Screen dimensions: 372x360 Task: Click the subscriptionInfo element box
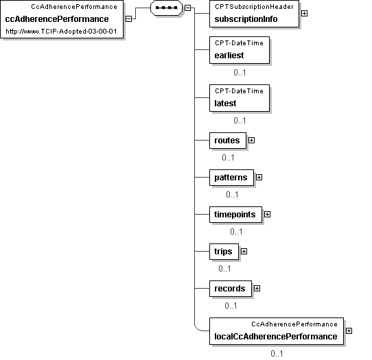[254, 14]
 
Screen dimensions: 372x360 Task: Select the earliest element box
[240, 50]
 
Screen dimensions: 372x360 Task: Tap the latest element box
[240, 98]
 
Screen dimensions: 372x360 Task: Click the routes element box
[228, 141]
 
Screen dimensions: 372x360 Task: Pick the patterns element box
[231, 178]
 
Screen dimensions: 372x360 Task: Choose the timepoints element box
[235, 215]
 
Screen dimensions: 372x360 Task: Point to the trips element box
[224, 252]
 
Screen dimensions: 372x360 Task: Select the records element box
[231, 289]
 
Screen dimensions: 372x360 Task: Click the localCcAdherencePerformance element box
[277, 331]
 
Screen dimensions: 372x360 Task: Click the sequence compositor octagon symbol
[166, 8]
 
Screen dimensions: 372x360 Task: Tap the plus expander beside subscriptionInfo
[304, 14]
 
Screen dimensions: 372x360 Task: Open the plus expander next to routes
[251, 141]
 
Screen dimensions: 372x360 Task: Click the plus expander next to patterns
[259, 178]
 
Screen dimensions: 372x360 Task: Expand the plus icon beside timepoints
[268, 214]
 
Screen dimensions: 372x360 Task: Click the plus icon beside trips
[244, 251]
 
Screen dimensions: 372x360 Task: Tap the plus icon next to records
[257, 288]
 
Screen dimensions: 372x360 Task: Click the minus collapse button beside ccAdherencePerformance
[128, 19]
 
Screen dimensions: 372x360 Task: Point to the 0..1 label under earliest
[240, 73]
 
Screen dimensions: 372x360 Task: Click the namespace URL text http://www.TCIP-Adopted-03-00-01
[61, 32]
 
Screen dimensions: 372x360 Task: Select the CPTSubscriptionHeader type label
[254, 7]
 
